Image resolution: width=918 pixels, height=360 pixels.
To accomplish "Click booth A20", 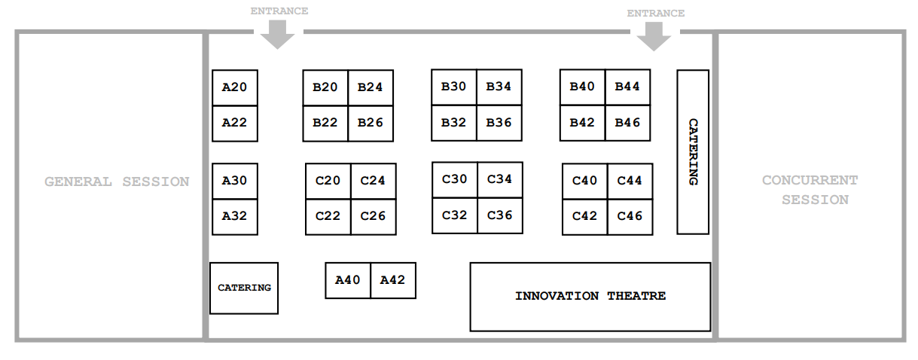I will point(234,87).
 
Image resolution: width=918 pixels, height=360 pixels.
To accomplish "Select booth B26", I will point(371,123).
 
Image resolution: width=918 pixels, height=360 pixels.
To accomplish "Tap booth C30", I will point(455,179).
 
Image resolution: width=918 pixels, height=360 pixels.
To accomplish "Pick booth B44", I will point(627,87).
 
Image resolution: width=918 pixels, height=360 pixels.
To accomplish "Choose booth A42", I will point(392,280).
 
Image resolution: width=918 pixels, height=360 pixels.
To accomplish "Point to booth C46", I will point(630,216).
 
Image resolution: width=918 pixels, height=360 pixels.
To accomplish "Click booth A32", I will point(234,216).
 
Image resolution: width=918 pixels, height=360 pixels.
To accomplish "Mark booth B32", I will point(454,123).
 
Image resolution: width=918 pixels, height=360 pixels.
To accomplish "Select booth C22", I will point(328,216).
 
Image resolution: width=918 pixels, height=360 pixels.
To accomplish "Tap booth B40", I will point(582,87).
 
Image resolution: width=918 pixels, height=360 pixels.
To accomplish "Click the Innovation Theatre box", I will point(590,296).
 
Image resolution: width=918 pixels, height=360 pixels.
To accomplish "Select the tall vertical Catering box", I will point(693,151).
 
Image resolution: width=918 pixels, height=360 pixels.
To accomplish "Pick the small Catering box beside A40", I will point(244,288).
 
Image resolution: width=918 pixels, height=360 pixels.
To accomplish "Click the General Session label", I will point(117,182).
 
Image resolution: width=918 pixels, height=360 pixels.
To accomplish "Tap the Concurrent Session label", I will point(810,190).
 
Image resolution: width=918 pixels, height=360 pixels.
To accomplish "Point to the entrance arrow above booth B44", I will point(654,36).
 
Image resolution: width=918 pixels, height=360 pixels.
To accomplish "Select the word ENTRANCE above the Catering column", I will point(655,13).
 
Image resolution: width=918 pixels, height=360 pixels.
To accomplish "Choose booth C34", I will point(499,179).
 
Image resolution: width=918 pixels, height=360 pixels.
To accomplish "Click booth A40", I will point(347,280).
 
